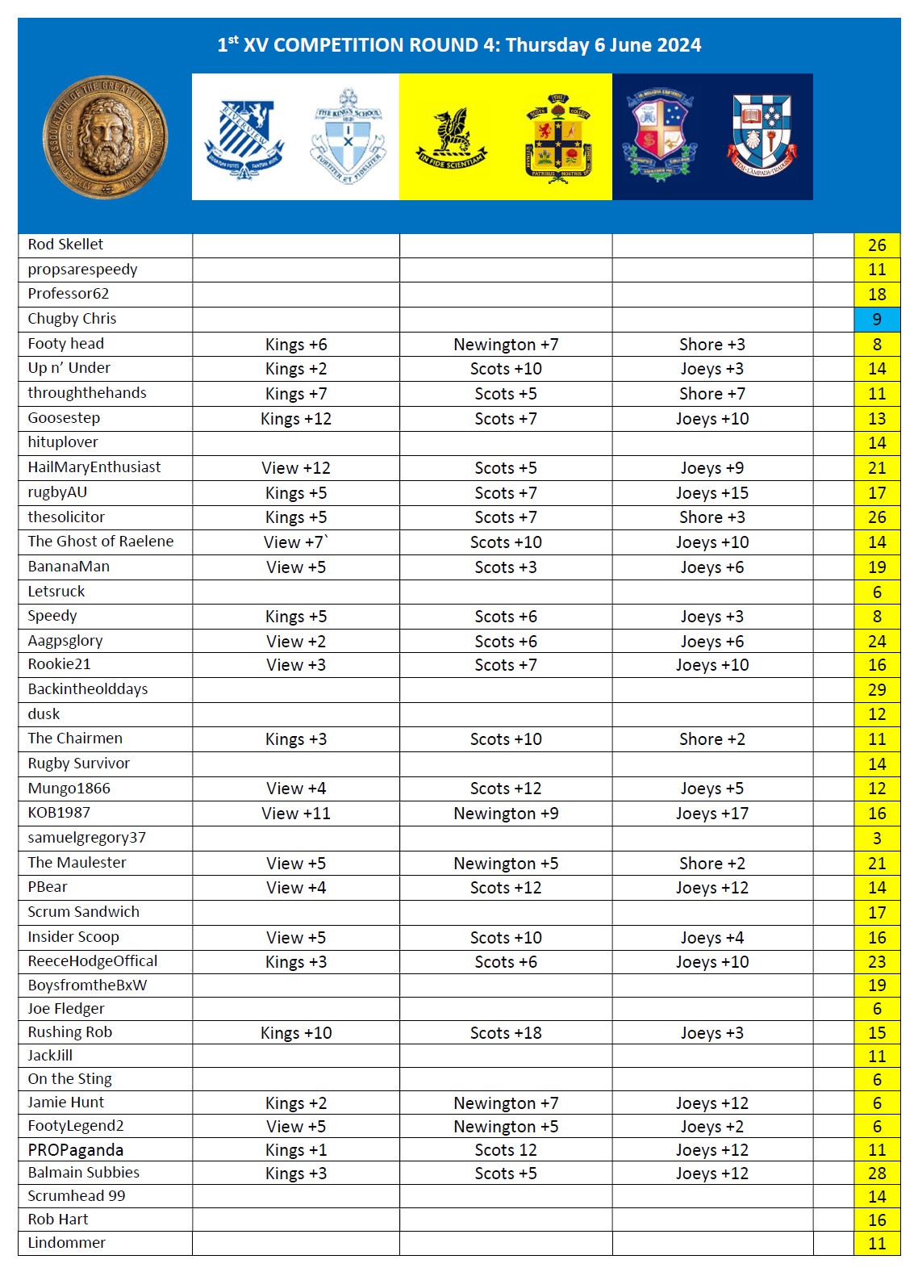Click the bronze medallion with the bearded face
coord(105,137)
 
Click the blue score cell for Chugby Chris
coord(877,319)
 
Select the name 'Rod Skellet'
coord(65,245)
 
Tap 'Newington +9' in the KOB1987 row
coord(506,814)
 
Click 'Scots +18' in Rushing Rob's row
coord(506,1033)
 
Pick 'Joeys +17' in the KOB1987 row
coord(712,814)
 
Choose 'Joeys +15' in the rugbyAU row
coord(712,493)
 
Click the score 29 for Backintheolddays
coord(877,690)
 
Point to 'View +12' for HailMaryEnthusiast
coord(296,468)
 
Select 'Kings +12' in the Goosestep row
coord(296,419)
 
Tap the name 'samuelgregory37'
coord(87,838)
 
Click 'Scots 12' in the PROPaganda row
coord(506,1150)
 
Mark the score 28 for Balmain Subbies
coord(877,1174)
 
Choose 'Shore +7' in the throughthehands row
coord(712,394)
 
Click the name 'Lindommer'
coord(67,1243)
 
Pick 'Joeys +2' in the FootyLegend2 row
coord(712,1127)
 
